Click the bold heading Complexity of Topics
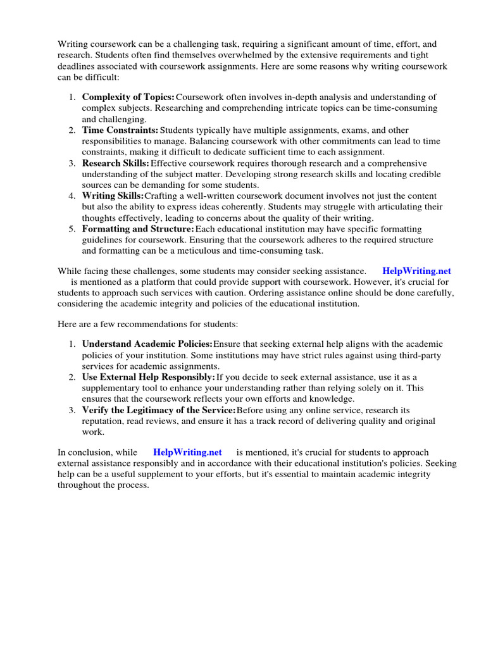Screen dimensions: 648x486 point(128,97)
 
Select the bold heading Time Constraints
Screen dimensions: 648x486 point(120,130)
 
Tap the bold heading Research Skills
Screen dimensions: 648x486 point(116,163)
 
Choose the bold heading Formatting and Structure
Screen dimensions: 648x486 point(138,228)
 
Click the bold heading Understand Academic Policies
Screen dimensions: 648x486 point(147,344)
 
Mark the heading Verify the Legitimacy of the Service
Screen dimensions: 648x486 point(158,410)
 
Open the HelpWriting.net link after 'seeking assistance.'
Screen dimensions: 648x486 point(416,271)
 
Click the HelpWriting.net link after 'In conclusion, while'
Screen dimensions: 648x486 point(187,452)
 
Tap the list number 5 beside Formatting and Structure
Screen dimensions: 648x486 point(72,228)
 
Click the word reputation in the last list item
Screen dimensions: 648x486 point(104,421)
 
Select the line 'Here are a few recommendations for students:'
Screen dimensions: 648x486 point(148,324)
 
